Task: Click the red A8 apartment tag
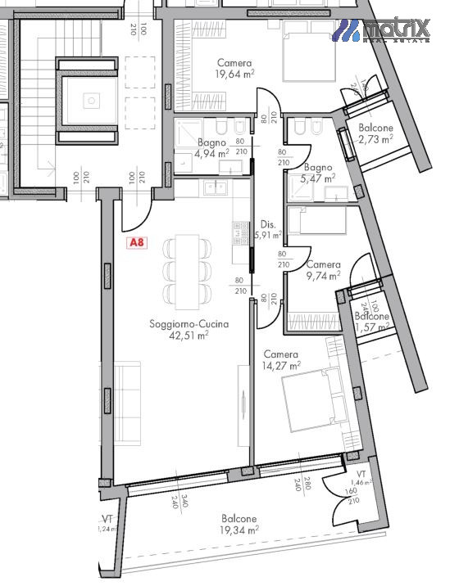point(137,243)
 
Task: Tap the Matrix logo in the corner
point(384,30)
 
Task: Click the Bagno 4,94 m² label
point(211,148)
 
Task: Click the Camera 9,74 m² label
point(323,271)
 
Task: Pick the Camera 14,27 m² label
point(281,360)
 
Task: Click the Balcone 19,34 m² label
point(238,525)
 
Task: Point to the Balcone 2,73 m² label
point(375,134)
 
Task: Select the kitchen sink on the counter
point(217,190)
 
